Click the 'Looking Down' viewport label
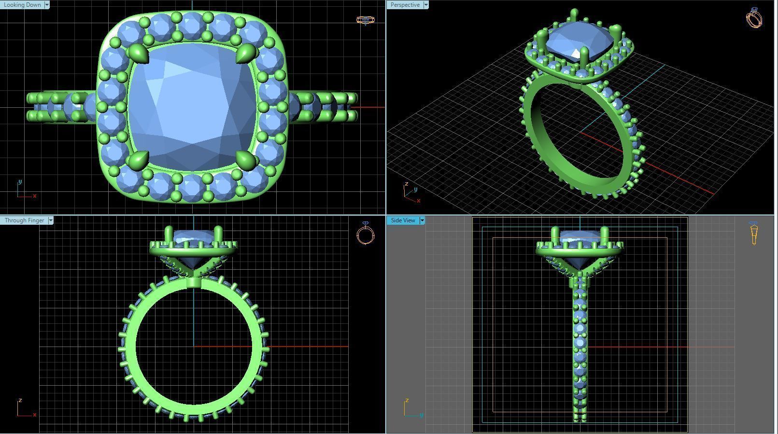(x=22, y=5)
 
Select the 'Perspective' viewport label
(x=405, y=5)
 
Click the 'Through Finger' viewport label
(x=24, y=220)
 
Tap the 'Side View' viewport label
(x=403, y=220)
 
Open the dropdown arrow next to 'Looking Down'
(x=47, y=5)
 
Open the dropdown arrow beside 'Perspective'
(x=425, y=5)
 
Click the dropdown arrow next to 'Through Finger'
(x=51, y=220)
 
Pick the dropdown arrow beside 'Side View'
(x=422, y=220)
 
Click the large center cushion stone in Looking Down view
(x=192, y=106)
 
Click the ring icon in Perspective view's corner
(x=754, y=18)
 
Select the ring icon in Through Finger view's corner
(x=366, y=234)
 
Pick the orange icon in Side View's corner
(x=754, y=234)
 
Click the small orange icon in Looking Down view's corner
(x=366, y=20)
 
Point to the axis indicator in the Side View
(x=411, y=408)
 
